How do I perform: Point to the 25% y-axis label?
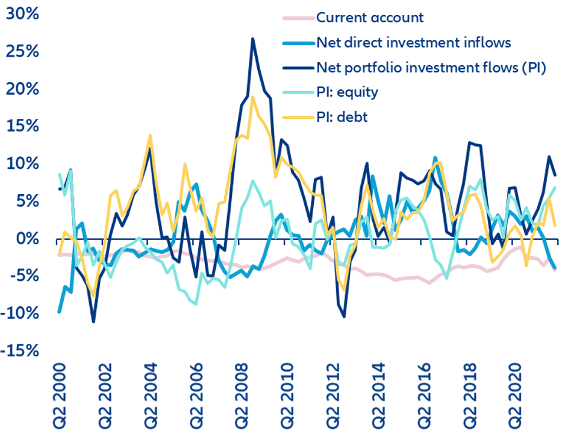click(x=22, y=51)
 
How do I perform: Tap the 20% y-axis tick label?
click(x=22, y=89)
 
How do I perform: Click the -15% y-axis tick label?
click(x=19, y=351)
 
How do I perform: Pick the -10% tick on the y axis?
click(x=19, y=314)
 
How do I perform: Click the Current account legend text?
click(x=370, y=17)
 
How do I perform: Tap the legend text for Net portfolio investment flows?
click(x=431, y=68)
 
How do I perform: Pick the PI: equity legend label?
click(x=348, y=92)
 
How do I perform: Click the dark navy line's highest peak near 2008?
click(x=253, y=39)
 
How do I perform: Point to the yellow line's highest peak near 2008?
click(x=253, y=96)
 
